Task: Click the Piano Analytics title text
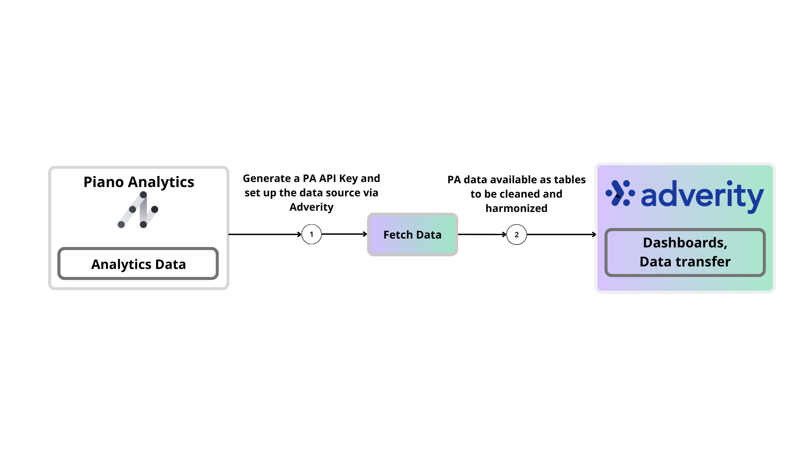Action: point(138,182)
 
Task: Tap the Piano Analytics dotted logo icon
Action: point(138,210)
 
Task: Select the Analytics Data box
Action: point(138,264)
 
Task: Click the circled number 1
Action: point(311,234)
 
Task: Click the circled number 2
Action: point(516,235)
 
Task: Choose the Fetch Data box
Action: point(412,235)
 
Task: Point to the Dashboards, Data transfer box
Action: point(685,252)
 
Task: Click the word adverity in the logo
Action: point(702,195)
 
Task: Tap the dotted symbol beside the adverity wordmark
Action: point(620,193)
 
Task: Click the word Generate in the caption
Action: point(267,179)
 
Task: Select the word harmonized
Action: point(516,208)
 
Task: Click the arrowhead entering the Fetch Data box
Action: point(365,234)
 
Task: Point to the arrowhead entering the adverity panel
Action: point(594,234)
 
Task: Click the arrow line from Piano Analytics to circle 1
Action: point(264,234)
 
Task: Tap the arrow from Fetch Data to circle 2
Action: point(481,234)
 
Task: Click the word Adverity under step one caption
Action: point(311,207)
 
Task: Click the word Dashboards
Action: point(684,243)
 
